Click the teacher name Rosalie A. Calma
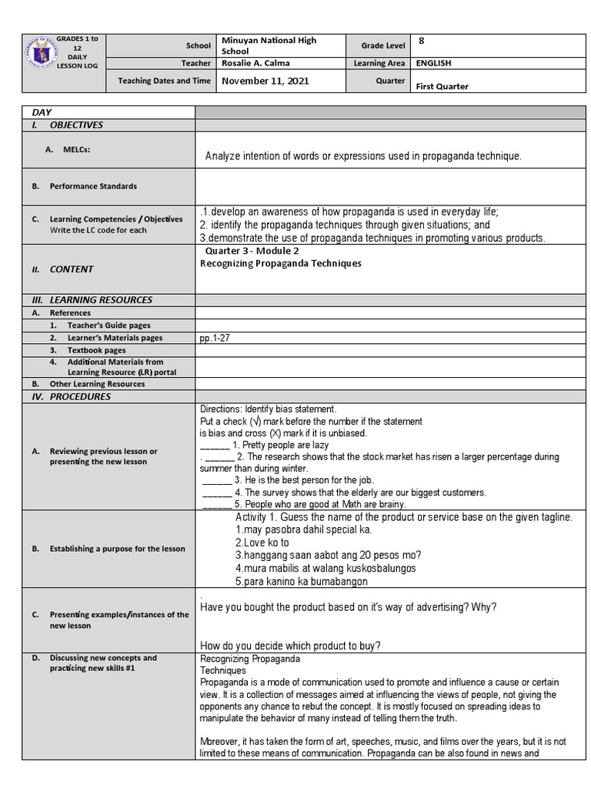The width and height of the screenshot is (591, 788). [x=256, y=63]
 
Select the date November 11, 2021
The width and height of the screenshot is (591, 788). [x=265, y=81]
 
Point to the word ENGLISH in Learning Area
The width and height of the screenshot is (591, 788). [x=434, y=63]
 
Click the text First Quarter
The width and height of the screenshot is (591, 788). [x=442, y=86]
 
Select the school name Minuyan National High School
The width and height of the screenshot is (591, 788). [x=269, y=45]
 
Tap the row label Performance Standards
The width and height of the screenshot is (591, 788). [x=93, y=186]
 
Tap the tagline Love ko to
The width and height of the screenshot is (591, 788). [x=257, y=543]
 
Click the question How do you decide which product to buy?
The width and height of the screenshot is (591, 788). [x=289, y=645]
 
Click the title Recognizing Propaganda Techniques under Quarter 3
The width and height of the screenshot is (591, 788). [x=280, y=263]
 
